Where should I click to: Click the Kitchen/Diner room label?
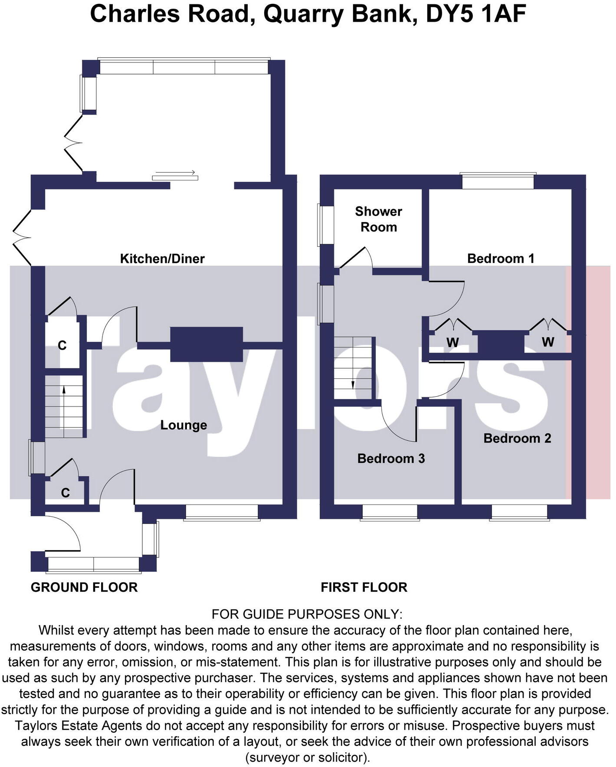[162, 259]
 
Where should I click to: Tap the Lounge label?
[183, 425]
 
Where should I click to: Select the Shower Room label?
[378, 219]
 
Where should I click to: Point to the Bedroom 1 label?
[500, 259]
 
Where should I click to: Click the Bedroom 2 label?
[517, 438]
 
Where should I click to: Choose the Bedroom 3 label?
[391, 459]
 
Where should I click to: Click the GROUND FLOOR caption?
[84, 587]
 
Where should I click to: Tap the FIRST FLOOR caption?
[364, 587]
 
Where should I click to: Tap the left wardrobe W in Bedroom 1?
[452, 343]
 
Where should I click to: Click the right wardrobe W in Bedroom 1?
[548, 342]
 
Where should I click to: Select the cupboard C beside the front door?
[66, 493]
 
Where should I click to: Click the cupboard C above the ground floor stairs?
[62, 346]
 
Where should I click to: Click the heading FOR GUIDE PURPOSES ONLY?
[307, 614]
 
